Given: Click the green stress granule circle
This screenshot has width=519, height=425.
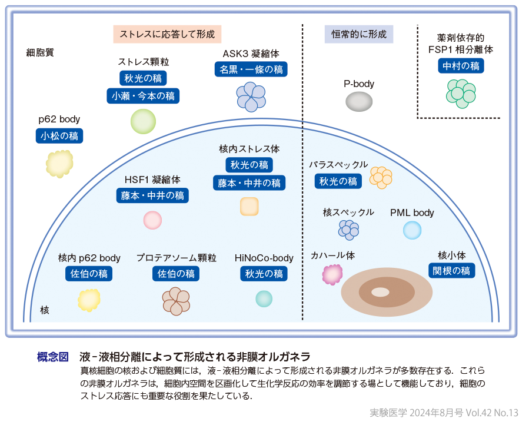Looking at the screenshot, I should click(x=143, y=122).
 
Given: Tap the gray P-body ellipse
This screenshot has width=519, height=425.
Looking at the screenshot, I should click(x=358, y=102).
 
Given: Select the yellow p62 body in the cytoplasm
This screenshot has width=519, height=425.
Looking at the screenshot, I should click(x=59, y=164).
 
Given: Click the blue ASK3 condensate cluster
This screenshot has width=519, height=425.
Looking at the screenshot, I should click(x=251, y=96).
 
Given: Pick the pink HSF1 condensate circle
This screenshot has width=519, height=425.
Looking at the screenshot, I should click(x=152, y=220).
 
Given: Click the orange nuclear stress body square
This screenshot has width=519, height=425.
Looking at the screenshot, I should click(x=249, y=207).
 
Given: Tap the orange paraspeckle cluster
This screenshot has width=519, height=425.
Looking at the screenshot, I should click(x=381, y=177).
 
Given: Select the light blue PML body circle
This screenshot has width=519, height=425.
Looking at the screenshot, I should click(x=412, y=230).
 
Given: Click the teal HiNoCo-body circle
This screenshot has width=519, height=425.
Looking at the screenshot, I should click(x=264, y=298).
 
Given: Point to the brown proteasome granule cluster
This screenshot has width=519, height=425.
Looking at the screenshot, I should click(x=175, y=300).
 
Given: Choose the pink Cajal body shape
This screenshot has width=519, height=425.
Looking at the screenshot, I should click(x=332, y=274).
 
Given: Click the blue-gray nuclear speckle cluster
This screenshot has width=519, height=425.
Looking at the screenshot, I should click(x=349, y=230).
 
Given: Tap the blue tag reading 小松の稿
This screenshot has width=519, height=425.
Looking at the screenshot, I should click(x=59, y=137).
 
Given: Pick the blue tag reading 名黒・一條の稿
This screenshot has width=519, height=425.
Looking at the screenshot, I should click(x=251, y=69).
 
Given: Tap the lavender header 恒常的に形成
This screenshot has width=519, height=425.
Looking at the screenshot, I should click(x=359, y=34).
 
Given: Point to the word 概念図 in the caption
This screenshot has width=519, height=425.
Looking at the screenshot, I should click(x=53, y=357).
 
